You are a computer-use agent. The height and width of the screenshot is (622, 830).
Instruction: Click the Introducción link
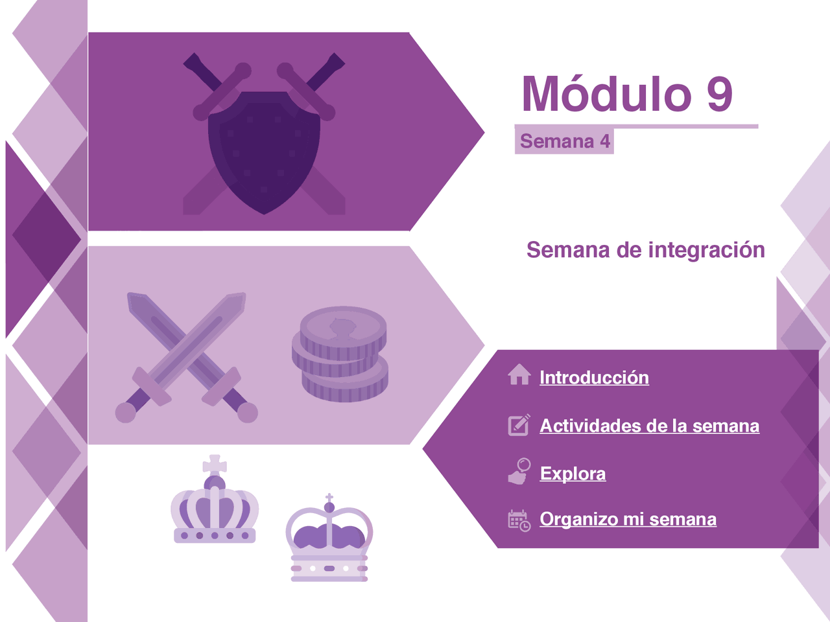594,378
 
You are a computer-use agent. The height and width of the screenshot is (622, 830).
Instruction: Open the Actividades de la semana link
649,426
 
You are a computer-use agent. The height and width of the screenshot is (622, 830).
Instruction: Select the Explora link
573,474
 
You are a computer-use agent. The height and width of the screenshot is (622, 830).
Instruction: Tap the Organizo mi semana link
628,519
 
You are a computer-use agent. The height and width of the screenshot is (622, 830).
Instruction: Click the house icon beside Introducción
519,374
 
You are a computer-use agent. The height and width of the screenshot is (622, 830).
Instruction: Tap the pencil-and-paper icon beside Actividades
519,424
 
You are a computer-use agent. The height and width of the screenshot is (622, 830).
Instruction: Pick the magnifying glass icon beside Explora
519,471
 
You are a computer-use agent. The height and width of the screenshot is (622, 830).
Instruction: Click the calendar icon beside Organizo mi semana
519,520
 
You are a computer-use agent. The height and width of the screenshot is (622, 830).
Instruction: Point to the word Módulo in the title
607,94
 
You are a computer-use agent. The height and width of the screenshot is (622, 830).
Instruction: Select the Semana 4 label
565,141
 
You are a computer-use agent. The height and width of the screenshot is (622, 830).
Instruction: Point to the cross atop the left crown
215,464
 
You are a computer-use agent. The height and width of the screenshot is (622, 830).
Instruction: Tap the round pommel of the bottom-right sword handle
248,412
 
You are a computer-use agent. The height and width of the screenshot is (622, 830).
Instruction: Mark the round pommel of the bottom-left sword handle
125,412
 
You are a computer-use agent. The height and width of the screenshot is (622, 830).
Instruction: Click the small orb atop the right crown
329,507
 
